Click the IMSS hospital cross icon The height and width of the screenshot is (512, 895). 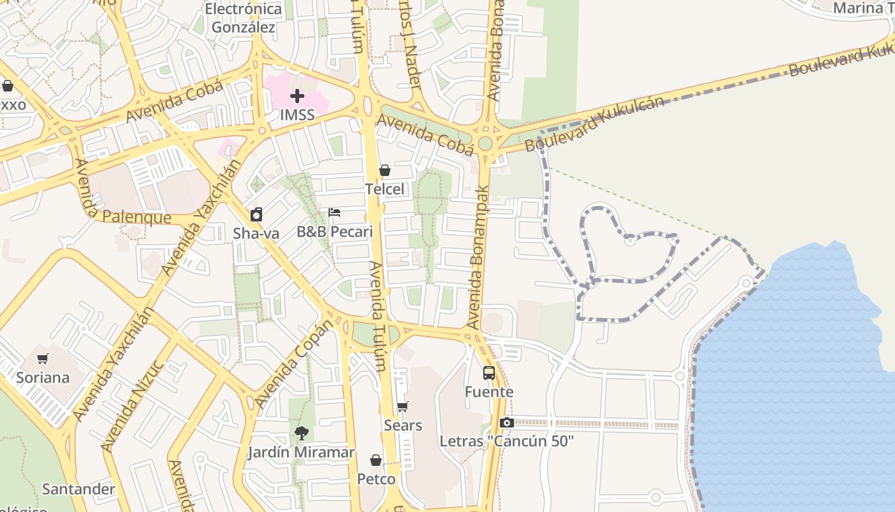click(x=297, y=97)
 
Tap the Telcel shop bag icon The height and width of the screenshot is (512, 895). click(x=385, y=170)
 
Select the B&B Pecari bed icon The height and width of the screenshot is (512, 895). click(x=334, y=212)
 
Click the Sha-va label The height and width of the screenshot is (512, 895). click(x=256, y=234)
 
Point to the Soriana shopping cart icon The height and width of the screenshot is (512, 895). click(x=43, y=358)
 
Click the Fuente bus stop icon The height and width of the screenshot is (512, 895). click(x=489, y=373)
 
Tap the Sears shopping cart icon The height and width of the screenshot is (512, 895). click(x=403, y=406)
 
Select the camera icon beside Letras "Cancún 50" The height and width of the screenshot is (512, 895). click(x=506, y=422)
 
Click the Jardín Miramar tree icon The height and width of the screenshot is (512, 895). click(x=301, y=433)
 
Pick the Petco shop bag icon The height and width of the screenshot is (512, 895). click(x=376, y=460)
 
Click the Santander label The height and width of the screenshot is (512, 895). click(x=79, y=489)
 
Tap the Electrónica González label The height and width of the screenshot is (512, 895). click(x=244, y=18)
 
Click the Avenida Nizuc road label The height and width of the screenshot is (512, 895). click(x=132, y=406)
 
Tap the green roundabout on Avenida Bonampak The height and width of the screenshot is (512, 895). click(x=485, y=142)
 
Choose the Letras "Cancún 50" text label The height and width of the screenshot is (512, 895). click(x=506, y=441)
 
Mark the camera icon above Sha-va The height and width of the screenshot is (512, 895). click(x=256, y=214)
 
